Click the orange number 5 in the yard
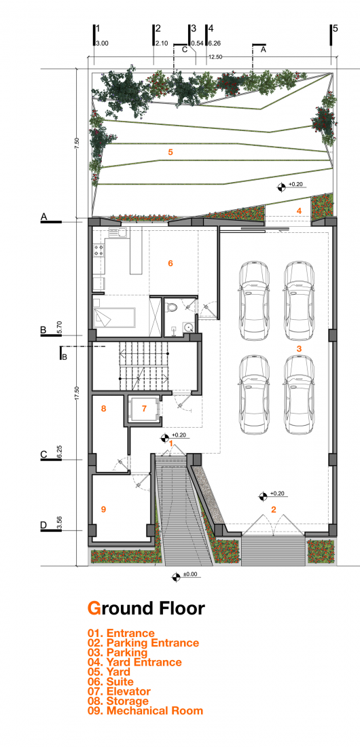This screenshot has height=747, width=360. [170, 153]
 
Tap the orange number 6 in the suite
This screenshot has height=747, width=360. [170, 263]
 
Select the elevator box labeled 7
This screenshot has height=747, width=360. [144, 409]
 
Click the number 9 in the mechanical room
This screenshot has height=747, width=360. [103, 509]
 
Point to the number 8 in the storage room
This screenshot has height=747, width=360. [103, 409]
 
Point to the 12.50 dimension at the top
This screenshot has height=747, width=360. [215, 57]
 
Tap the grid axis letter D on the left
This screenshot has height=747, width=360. [43, 525]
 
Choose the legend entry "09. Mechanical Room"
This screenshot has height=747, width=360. [145, 710]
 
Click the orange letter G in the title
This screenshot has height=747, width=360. [94, 608]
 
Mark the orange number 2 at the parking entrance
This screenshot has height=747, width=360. [274, 509]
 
